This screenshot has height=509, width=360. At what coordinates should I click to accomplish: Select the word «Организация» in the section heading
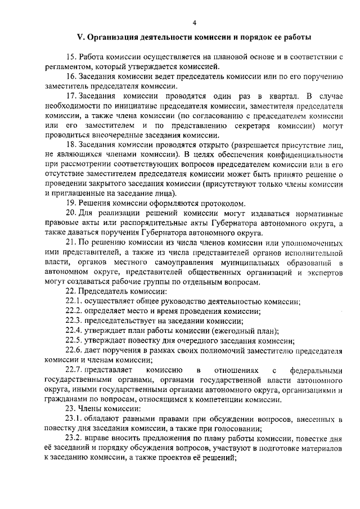[x=112, y=38]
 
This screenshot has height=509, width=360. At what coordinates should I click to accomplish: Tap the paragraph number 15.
[x=71, y=58]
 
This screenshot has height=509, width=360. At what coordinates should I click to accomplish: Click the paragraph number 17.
[x=71, y=96]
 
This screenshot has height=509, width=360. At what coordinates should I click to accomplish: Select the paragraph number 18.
[x=71, y=145]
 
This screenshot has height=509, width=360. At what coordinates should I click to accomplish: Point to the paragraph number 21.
[x=71, y=241]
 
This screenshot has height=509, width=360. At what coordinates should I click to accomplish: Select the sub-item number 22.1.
[x=73, y=301]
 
